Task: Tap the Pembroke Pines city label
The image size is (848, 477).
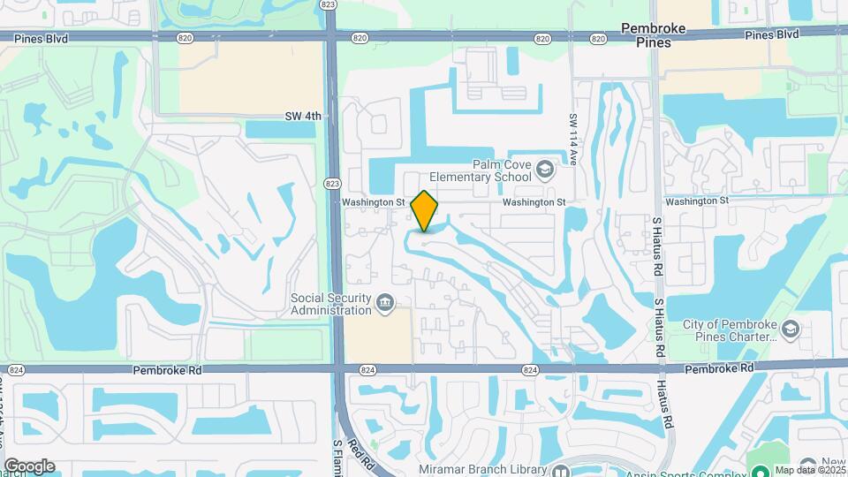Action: tap(654, 34)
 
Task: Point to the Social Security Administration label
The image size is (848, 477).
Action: tap(331, 304)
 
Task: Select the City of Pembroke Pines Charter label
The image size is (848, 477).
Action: tap(729, 329)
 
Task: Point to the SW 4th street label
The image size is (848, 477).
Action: tap(304, 116)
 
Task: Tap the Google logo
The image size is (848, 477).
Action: tap(29, 466)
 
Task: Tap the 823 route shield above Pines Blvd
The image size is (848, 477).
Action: tap(329, 5)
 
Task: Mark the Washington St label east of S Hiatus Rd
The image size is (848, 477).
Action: tap(697, 201)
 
